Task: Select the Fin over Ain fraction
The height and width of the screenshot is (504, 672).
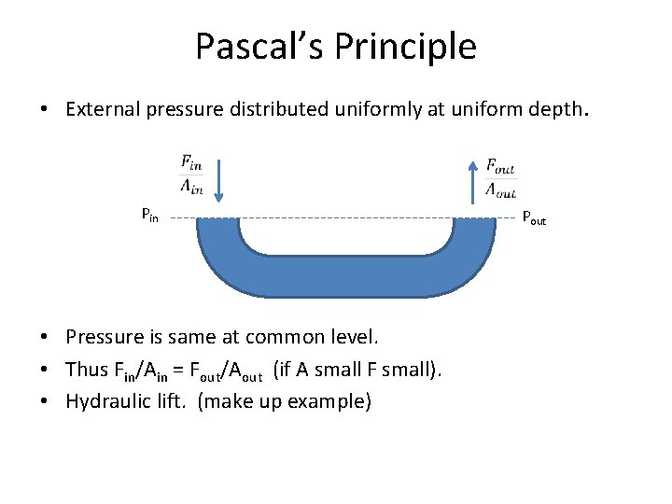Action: (x=192, y=175)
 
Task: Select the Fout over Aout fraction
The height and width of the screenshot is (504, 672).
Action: (x=500, y=177)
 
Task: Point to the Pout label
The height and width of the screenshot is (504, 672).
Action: (x=534, y=218)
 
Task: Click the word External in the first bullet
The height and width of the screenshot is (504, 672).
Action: (x=104, y=110)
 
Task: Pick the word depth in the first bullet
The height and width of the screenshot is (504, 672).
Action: (x=559, y=110)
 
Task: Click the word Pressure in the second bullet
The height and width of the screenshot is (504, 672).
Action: (x=104, y=337)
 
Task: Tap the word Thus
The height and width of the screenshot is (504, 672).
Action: (x=87, y=370)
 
